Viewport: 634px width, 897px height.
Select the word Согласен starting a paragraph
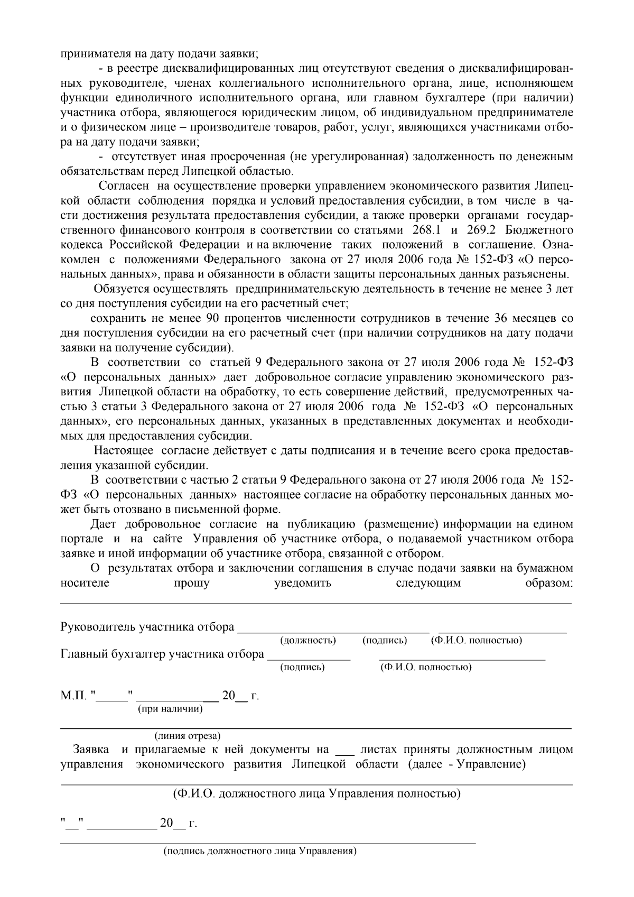tap(124, 186)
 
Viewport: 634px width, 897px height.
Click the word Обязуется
tap(123, 289)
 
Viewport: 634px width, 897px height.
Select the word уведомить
tap(303, 583)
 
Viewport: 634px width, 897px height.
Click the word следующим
tap(428, 583)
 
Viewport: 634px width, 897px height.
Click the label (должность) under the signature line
tap(307, 641)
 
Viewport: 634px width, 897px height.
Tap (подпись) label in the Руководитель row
tap(385, 641)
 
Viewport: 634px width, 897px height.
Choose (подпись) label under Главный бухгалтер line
tap(302, 667)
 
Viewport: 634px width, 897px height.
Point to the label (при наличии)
tap(170, 709)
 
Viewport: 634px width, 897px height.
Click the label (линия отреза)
tap(188, 736)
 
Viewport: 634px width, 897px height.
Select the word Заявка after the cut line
tap(91, 750)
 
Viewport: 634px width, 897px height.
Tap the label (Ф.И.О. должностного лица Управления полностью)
tap(316, 794)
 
